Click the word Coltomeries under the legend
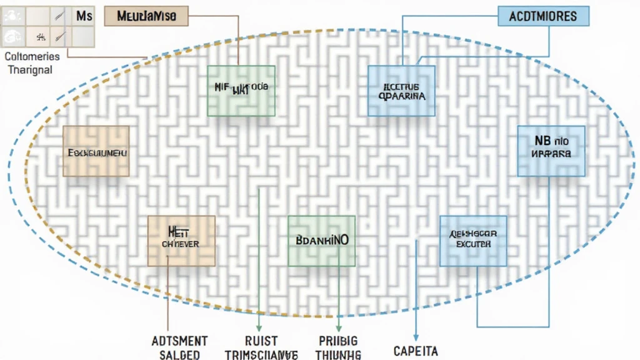click(32, 56)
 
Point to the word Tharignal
click(31, 69)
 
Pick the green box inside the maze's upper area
click(241, 91)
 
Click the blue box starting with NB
click(551, 151)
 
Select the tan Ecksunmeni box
click(96, 151)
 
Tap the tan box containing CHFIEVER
click(181, 241)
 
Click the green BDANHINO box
click(321, 241)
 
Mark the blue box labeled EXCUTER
click(473, 241)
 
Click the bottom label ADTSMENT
click(180, 341)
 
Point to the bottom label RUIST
click(261, 341)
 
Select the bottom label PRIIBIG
click(338, 341)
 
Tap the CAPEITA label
click(415, 350)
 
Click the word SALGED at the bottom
click(179, 354)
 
